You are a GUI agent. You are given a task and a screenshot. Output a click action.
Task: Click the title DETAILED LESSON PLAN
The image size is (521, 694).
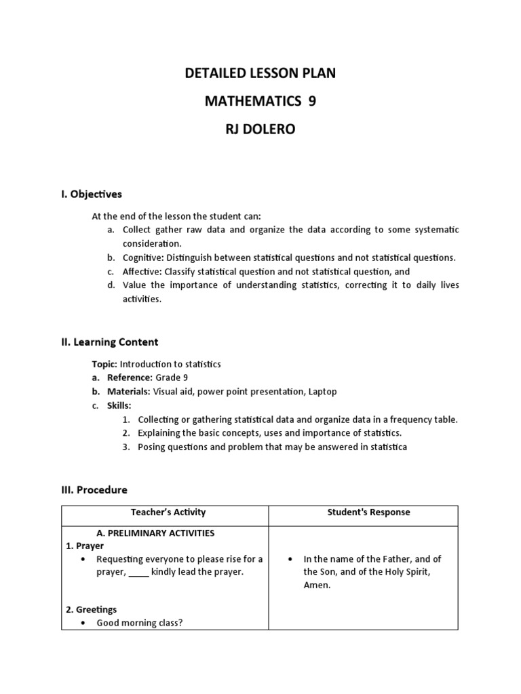(260, 73)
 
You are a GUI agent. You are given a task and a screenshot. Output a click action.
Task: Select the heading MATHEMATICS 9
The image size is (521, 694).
(260, 101)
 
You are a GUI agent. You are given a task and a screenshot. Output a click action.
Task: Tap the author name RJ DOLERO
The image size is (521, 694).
(260, 129)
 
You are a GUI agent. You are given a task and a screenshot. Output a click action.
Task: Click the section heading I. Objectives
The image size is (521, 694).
(92, 195)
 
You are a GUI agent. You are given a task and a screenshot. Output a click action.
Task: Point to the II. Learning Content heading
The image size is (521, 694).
(110, 342)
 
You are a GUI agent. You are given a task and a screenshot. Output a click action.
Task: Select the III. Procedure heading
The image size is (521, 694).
(94, 489)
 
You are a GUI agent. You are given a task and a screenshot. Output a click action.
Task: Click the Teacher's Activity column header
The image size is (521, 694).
(165, 512)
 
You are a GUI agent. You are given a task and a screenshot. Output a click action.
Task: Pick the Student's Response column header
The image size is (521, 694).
(363, 512)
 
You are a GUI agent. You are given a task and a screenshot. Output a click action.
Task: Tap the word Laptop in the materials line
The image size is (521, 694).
(322, 392)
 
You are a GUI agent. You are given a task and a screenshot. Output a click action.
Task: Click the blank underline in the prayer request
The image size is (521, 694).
(138, 572)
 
